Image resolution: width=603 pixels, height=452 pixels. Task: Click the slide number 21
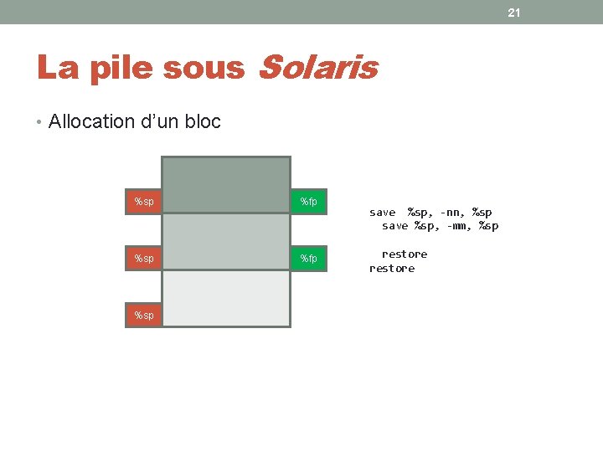(514, 13)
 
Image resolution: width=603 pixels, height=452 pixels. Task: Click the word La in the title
(56, 68)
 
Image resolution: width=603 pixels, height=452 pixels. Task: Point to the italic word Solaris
(318, 68)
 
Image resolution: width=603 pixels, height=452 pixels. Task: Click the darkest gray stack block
(225, 185)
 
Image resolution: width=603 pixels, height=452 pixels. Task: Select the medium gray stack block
(225, 242)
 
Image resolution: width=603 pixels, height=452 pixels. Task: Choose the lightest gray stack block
(225, 298)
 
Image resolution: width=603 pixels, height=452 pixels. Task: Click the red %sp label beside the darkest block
(144, 202)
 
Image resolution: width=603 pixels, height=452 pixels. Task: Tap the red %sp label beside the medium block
(144, 259)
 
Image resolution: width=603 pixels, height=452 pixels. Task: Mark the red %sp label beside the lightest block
(144, 316)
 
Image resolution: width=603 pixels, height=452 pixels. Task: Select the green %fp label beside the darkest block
(308, 202)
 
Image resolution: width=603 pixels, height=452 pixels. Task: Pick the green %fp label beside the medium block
(308, 259)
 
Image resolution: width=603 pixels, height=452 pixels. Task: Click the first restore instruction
(405, 254)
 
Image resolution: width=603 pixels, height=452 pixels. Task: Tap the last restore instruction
(392, 269)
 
